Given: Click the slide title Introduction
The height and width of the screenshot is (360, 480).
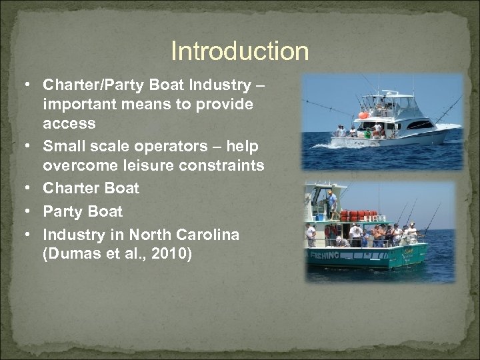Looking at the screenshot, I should click(240, 51).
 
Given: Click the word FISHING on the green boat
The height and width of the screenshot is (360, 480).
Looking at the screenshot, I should click(325, 255).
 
